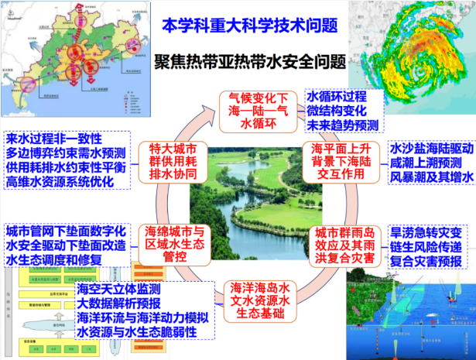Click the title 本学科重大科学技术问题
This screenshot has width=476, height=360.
250,26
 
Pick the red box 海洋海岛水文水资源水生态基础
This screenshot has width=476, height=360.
259,297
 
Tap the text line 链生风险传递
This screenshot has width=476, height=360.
426,246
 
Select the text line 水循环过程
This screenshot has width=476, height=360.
337,98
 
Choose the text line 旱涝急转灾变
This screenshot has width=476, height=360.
426,231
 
